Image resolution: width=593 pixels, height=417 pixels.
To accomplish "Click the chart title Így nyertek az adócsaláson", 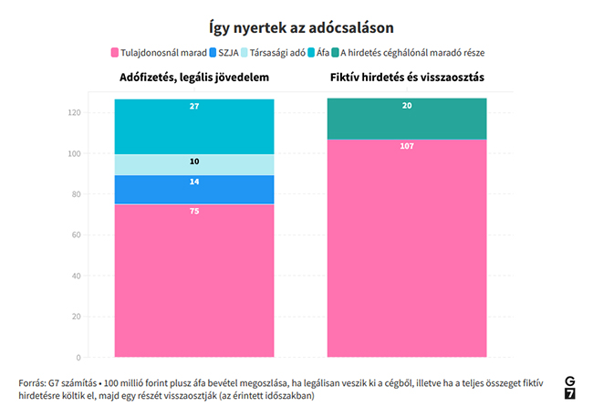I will (296, 28).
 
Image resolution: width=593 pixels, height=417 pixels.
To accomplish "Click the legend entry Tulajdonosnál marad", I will (163, 53).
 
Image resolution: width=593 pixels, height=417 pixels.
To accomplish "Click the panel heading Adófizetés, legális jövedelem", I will (194, 78).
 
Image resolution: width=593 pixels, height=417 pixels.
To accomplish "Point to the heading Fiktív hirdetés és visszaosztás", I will (407, 78).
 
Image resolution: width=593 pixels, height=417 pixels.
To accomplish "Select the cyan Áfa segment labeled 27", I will (194, 128).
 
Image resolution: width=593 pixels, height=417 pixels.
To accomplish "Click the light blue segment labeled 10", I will (194, 165).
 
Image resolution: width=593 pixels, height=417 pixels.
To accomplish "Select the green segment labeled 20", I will (407, 120).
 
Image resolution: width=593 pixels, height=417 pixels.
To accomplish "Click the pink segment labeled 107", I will (407, 246).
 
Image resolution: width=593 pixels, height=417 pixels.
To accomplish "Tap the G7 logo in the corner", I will (570, 387).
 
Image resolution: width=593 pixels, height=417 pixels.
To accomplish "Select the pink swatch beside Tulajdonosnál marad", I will (114, 53).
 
